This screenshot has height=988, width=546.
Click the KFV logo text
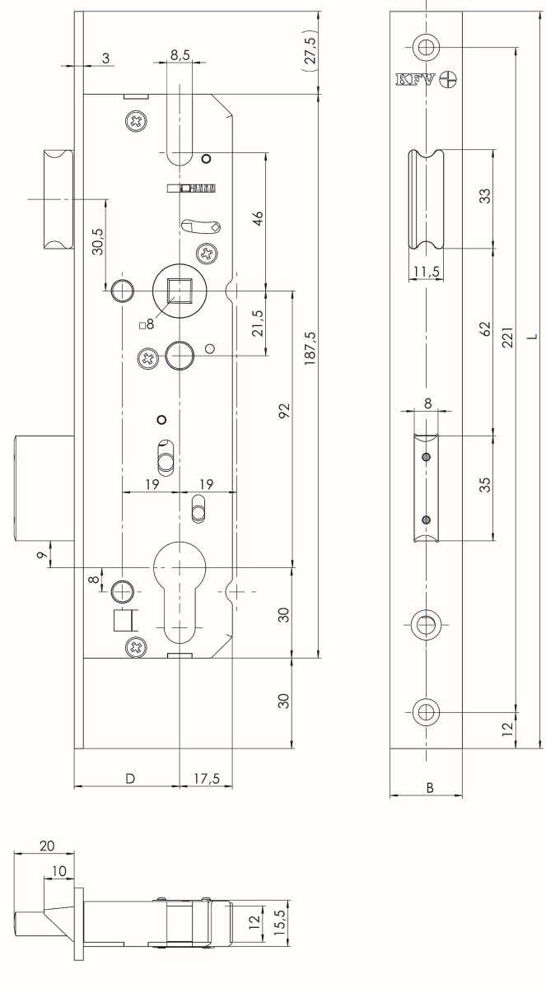click(414, 80)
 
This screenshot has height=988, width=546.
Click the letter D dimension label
click(129, 778)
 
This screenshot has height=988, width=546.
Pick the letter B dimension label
click(430, 787)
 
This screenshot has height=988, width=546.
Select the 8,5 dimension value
click(180, 54)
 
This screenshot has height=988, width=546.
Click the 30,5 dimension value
click(98, 244)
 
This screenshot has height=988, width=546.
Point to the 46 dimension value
click(258, 220)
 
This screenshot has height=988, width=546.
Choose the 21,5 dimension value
click(258, 324)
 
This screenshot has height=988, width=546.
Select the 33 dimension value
click(485, 197)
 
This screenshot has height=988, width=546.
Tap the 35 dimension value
click(485, 485)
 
